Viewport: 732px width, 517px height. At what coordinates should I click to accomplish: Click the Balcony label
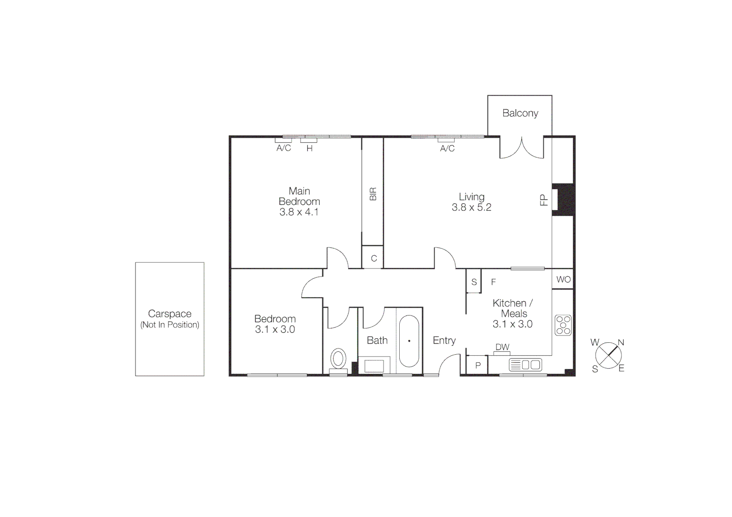click(520, 113)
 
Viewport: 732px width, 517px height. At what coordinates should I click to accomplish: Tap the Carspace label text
click(169, 314)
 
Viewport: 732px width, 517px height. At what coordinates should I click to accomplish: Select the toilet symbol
click(338, 359)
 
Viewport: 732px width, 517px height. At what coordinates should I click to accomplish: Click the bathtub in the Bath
click(409, 341)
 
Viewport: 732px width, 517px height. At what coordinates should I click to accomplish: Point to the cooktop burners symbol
click(563, 325)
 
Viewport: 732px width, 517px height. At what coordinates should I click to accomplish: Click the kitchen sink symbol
click(525, 365)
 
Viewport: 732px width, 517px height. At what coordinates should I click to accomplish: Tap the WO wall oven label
click(563, 280)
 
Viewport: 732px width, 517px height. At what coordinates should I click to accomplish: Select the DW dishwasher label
click(502, 347)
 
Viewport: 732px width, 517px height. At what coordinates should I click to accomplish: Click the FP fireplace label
click(544, 200)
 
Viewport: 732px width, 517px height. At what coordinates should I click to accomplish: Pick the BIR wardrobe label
click(373, 194)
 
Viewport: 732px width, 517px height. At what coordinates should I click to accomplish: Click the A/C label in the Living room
click(447, 148)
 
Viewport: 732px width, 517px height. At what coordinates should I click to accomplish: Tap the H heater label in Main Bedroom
click(309, 148)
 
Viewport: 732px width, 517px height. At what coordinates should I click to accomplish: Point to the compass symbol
click(608, 356)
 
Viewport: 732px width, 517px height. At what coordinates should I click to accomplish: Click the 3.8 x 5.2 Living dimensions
click(472, 207)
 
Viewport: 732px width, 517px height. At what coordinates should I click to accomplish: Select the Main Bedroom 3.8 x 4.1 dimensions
click(299, 212)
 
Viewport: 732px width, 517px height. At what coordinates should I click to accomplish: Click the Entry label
click(444, 340)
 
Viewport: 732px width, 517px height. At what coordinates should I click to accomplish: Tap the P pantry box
click(477, 365)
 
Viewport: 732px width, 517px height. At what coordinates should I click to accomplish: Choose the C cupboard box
click(373, 258)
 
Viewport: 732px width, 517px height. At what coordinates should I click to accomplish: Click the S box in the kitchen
click(473, 282)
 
